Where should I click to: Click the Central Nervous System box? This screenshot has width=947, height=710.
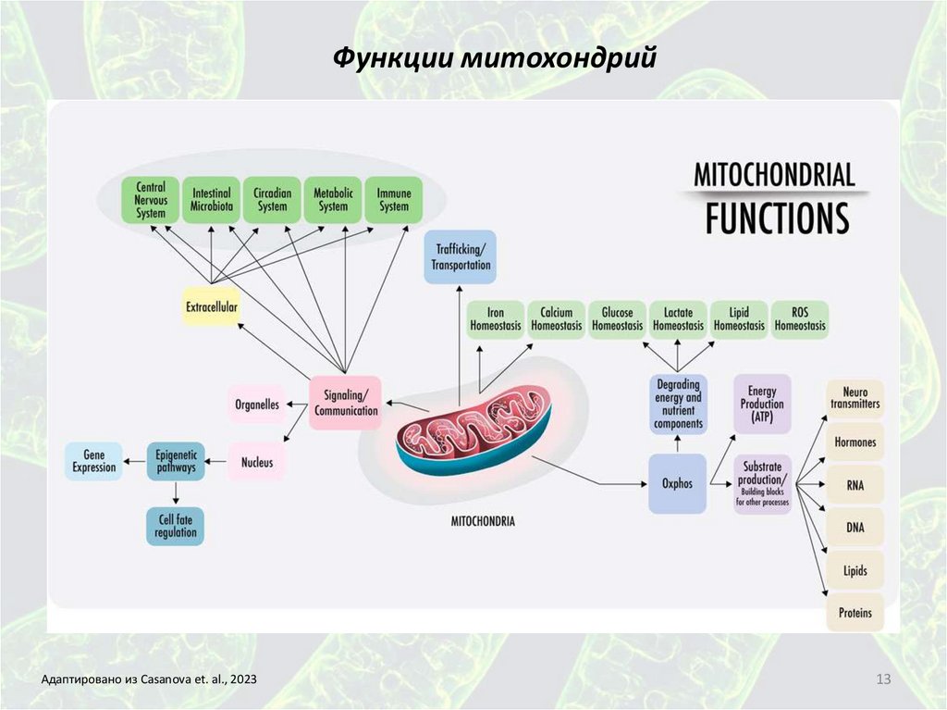tap(151, 200)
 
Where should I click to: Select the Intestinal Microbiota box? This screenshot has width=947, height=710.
tap(212, 200)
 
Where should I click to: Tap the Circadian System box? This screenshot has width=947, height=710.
tap(272, 200)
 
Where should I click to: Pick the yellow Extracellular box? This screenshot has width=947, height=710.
tap(211, 306)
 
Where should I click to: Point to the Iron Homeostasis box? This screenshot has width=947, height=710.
tap(496, 319)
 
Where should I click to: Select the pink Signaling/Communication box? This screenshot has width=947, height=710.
tap(346, 403)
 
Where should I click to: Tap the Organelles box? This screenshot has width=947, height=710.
tap(257, 404)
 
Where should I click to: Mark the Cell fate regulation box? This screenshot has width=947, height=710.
tap(175, 526)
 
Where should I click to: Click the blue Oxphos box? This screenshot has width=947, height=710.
tap(677, 483)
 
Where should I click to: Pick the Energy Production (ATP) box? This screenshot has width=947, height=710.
tap(762, 405)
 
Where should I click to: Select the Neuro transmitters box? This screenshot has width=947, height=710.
tap(855, 398)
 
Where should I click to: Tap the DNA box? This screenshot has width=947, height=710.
tap(855, 527)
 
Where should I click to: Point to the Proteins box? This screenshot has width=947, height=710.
tap(855, 612)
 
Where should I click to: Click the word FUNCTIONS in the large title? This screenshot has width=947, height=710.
tap(777, 218)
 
